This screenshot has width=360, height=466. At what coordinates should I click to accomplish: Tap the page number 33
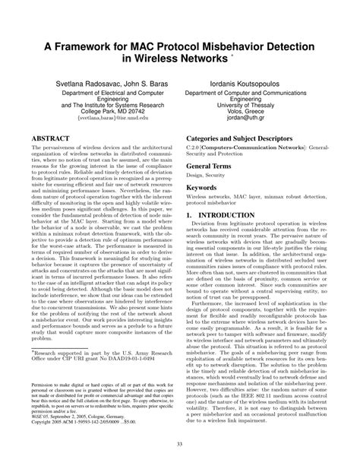coord(180,444)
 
